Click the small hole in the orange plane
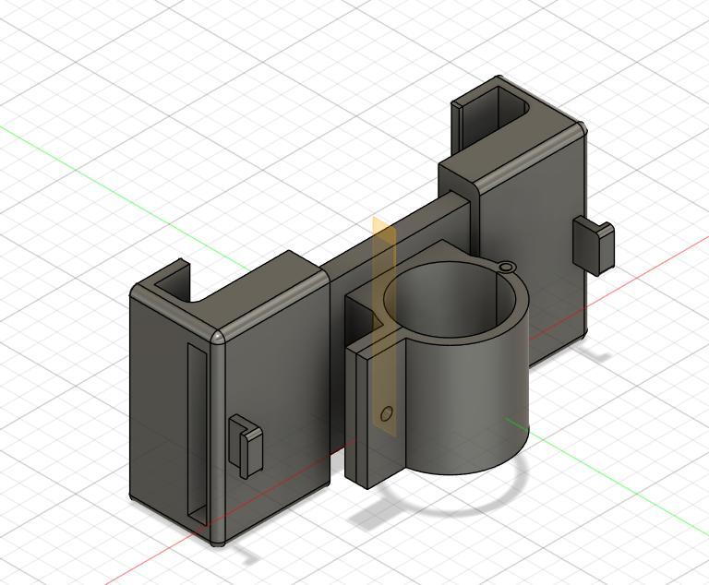(x=387, y=413)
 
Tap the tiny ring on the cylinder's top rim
(x=506, y=268)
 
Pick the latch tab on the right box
(x=594, y=244)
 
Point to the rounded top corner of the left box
(x=219, y=336)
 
